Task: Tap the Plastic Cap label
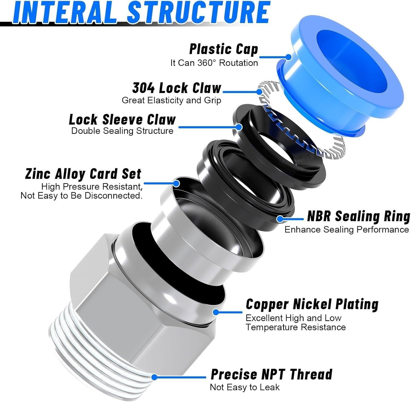click(x=224, y=49)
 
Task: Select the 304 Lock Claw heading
click(x=177, y=88)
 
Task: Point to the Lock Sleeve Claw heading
click(x=122, y=119)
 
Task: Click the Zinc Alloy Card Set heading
click(x=83, y=173)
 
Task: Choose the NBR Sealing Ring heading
click(x=359, y=216)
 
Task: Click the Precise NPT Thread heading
click(x=272, y=374)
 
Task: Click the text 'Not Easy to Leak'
click(x=245, y=387)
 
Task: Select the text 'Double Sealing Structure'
click(x=122, y=131)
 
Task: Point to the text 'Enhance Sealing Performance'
click(x=347, y=229)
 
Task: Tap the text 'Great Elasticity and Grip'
click(x=171, y=100)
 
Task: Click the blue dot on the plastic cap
click(x=288, y=57)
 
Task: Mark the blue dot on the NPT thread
click(x=154, y=377)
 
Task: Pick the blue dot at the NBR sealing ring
click(x=279, y=219)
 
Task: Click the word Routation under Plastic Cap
click(x=238, y=63)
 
